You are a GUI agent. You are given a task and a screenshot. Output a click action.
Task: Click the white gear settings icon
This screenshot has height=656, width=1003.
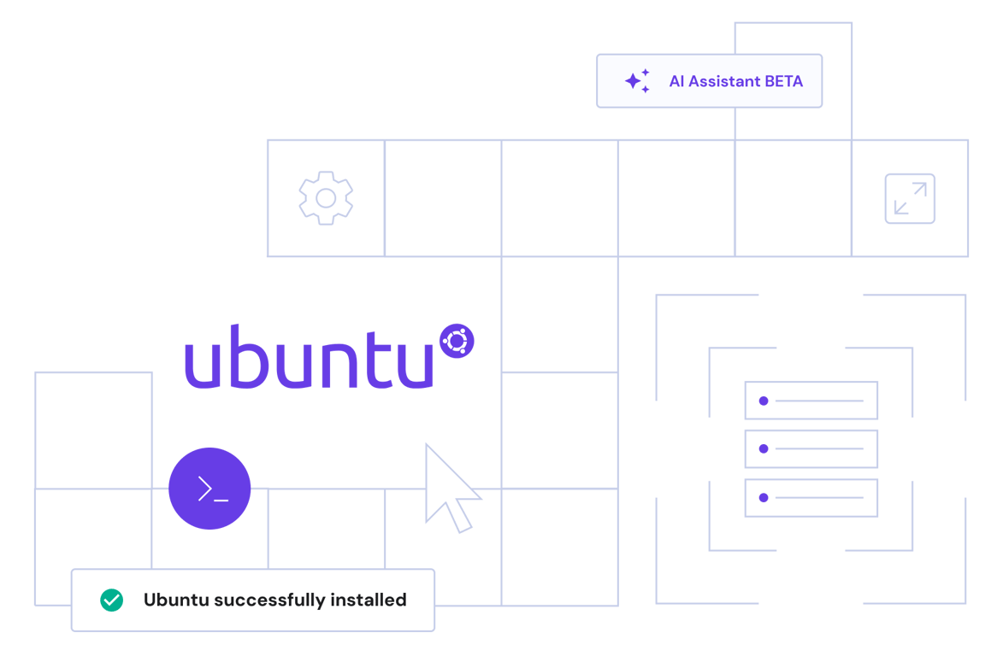(x=326, y=198)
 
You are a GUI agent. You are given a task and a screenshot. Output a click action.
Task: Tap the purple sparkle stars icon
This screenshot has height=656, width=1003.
(x=637, y=81)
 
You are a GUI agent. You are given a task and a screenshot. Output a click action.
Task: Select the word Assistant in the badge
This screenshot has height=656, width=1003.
(x=724, y=82)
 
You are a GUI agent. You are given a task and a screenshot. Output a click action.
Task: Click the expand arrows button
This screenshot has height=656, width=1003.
(x=910, y=198)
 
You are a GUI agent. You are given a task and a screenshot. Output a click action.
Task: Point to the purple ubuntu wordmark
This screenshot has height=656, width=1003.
(x=309, y=356)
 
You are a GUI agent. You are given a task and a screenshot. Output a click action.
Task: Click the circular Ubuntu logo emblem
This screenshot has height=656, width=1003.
(x=457, y=341)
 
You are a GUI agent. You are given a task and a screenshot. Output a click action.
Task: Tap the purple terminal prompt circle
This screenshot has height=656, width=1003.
(x=209, y=489)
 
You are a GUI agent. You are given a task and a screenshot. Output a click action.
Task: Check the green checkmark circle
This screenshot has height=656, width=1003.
(x=111, y=600)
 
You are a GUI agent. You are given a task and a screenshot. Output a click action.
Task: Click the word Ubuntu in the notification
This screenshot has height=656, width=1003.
(x=176, y=600)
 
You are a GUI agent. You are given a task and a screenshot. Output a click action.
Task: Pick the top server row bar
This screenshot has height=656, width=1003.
(x=811, y=401)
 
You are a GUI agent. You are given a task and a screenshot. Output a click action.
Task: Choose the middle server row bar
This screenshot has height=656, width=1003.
(x=811, y=448)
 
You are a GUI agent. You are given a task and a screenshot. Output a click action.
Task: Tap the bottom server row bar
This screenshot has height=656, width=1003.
(x=811, y=498)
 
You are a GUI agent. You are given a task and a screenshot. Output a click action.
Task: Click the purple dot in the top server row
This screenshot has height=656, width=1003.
(x=764, y=401)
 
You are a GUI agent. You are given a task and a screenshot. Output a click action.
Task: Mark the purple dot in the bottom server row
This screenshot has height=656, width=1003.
(x=764, y=498)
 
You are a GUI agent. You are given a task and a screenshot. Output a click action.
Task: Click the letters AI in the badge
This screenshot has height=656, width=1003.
(x=677, y=82)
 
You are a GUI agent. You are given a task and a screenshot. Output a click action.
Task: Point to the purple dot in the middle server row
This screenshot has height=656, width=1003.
(x=764, y=448)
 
